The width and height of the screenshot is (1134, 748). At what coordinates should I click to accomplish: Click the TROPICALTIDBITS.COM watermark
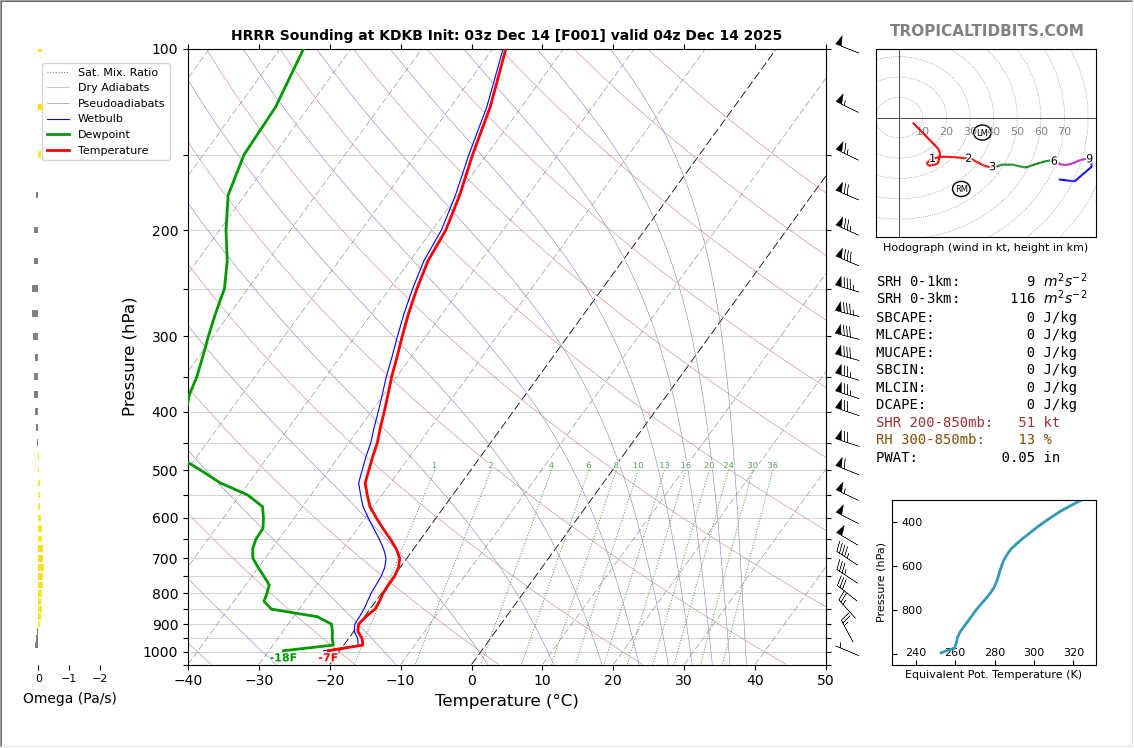[x=986, y=31]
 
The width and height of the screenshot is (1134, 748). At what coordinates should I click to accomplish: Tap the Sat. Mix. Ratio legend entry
[x=117, y=73]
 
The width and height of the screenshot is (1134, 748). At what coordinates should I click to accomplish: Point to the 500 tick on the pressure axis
[x=164, y=471]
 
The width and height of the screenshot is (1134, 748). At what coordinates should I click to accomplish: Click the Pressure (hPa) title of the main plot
[x=130, y=356]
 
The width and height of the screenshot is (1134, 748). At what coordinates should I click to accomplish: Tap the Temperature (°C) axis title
[x=506, y=702]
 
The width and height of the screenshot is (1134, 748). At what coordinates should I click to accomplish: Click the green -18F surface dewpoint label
[x=283, y=658]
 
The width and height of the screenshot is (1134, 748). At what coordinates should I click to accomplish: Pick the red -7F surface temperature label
[x=328, y=658]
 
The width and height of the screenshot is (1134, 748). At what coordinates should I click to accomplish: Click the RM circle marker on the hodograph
[x=961, y=189]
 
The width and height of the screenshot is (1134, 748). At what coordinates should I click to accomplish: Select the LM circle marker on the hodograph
[x=982, y=133]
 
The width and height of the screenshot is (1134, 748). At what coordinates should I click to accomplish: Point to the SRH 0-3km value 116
[x=1022, y=299]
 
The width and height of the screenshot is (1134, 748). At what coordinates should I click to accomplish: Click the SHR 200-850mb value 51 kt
[x=1038, y=423]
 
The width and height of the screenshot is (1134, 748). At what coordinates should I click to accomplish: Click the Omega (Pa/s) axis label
[x=70, y=699]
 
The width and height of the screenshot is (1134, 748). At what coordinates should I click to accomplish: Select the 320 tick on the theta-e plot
[x=1073, y=653]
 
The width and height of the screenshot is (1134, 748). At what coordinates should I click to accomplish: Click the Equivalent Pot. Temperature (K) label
[x=993, y=675]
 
